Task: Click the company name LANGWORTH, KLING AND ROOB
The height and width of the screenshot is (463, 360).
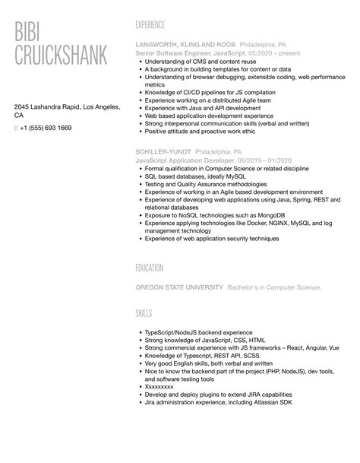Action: pyautogui.click(x=185, y=44)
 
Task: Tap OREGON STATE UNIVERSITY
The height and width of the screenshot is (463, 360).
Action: pyautogui.click(x=179, y=287)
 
